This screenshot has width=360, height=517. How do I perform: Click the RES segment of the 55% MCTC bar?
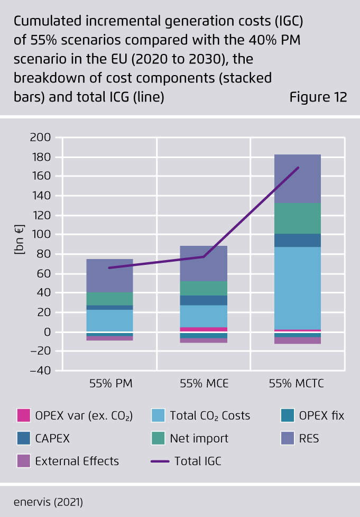(x=297, y=179)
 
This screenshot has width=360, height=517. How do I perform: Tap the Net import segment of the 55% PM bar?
(x=109, y=299)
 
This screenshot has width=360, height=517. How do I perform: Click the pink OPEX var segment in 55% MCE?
(x=204, y=329)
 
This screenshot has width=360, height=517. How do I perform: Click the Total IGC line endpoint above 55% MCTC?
(x=299, y=168)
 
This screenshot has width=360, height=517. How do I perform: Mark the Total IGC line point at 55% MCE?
(x=204, y=257)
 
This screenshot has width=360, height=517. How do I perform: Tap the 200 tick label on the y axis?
(x=40, y=138)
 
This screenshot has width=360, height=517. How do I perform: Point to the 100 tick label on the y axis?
(x=40, y=234)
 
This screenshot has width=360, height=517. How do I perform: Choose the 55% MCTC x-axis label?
(x=297, y=384)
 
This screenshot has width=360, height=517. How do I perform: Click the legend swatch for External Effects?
(x=23, y=461)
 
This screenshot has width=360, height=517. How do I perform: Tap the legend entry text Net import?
(x=199, y=438)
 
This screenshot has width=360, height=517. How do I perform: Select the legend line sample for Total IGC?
(x=160, y=461)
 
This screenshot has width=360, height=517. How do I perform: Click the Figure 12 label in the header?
(x=318, y=98)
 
